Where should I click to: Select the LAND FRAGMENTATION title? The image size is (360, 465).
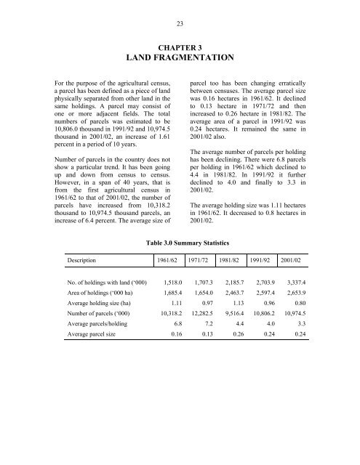click(180, 57)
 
